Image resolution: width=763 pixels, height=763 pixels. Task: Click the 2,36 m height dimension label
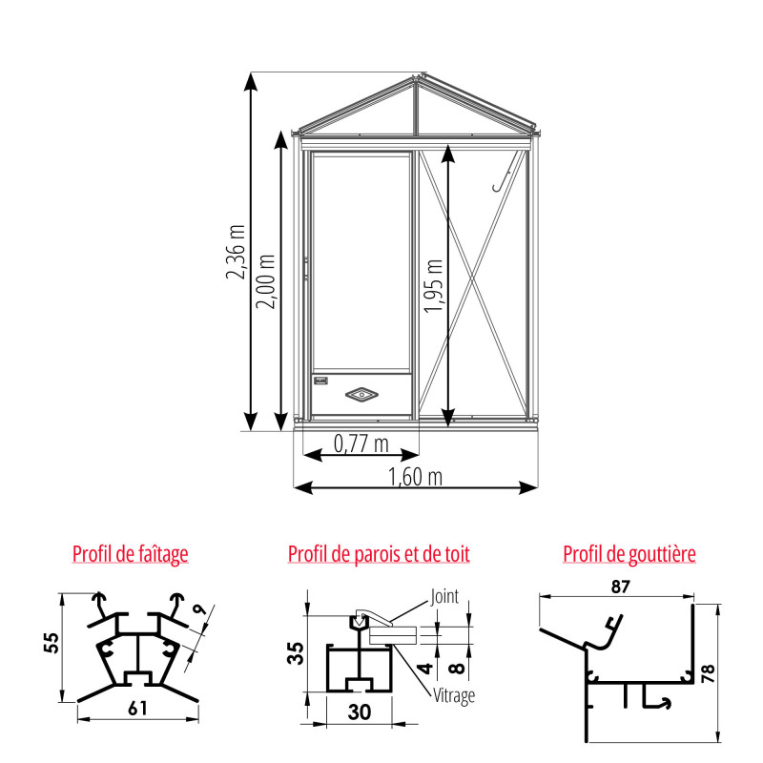(x=235, y=253)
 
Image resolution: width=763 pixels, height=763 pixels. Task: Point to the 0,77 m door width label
(x=361, y=444)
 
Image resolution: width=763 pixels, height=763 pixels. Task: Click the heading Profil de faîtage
(x=130, y=554)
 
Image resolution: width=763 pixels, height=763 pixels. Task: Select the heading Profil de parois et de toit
(x=379, y=554)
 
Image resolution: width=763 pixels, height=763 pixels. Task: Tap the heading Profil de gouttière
(x=629, y=554)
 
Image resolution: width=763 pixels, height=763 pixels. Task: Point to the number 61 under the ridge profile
(x=137, y=707)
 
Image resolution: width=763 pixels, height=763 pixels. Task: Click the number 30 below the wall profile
(x=359, y=711)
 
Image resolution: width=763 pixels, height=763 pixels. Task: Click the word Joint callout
(x=444, y=597)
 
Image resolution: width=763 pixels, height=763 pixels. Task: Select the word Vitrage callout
(x=453, y=695)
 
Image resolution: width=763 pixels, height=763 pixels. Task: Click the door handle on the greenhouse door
(x=306, y=269)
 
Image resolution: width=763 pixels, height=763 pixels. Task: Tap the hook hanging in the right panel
(x=504, y=177)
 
